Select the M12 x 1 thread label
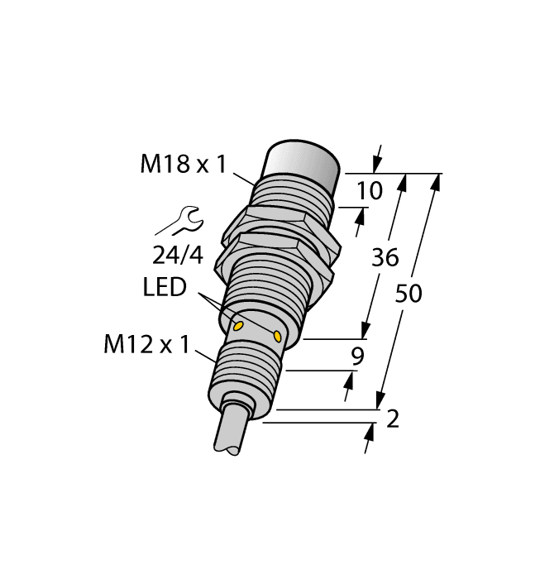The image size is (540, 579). (x=143, y=345)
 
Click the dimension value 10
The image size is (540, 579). (x=370, y=192)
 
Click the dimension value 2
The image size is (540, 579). (x=393, y=419)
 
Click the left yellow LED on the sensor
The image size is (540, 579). (x=238, y=326)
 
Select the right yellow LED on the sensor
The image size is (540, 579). (x=276, y=336)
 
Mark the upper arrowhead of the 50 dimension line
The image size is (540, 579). (x=435, y=181)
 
